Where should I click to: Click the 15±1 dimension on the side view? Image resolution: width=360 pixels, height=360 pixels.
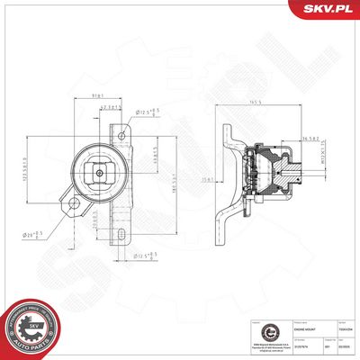[x=209, y=180]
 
